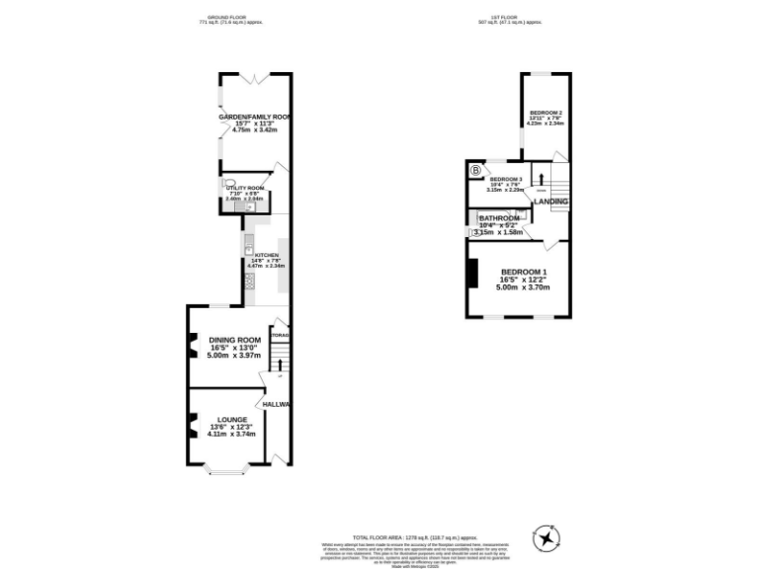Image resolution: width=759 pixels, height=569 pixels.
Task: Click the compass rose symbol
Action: tap(547, 536)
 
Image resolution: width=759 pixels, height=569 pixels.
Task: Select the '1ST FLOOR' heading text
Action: tap(509, 18)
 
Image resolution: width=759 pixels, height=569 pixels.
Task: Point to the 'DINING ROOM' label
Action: tap(234, 341)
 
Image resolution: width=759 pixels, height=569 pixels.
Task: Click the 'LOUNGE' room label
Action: tap(232, 419)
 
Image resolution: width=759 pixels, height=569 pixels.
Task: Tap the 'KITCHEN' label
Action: tap(267, 256)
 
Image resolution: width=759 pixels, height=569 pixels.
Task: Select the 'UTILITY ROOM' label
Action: tap(243, 188)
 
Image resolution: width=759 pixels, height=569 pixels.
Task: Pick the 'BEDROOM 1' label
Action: tap(523, 272)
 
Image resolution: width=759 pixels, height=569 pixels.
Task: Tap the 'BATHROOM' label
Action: tap(498, 218)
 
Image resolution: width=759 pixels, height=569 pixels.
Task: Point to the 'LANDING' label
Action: tap(550, 202)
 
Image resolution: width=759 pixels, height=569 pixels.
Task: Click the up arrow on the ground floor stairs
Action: tap(280, 363)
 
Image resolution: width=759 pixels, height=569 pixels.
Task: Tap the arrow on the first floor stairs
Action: tap(541, 179)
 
